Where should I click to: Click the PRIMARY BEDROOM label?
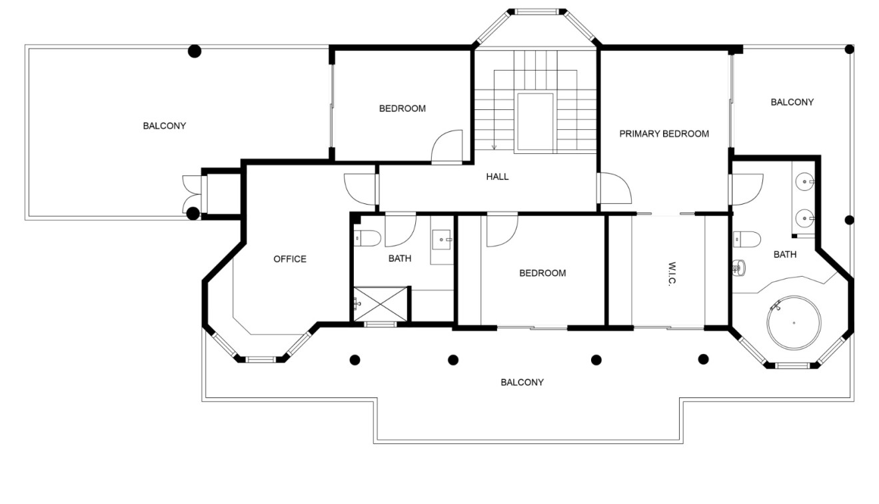664,133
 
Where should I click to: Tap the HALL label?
497,177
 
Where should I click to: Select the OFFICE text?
290,259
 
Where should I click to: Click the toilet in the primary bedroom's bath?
749,237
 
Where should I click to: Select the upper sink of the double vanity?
806,181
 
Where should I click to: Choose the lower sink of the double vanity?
806,217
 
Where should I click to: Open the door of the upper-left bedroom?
446,148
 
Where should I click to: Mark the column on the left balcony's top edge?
194,50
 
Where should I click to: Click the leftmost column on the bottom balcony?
355,360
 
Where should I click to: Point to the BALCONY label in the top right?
792,102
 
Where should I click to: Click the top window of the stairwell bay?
537,11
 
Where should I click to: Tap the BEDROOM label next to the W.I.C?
542,273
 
